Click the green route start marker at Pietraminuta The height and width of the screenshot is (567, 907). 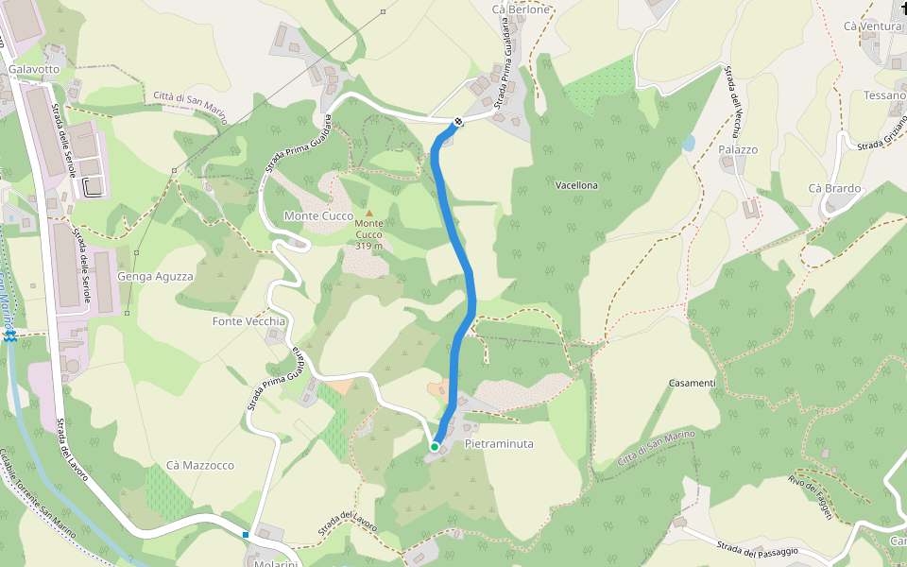pyautogui.click(x=435, y=446)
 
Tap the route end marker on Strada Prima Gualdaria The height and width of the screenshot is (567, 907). pyautogui.click(x=458, y=122)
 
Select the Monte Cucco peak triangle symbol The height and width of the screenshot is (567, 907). pyautogui.click(x=369, y=213)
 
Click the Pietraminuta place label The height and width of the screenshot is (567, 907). pyautogui.click(x=499, y=443)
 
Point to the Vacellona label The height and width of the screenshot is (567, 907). pyautogui.click(x=576, y=185)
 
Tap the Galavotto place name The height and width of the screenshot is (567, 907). pyautogui.click(x=34, y=70)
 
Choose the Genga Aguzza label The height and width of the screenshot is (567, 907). pyautogui.click(x=155, y=277)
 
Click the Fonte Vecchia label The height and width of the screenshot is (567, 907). pyautogui.click(x=248, y=321)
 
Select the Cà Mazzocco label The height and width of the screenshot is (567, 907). pyautogui.click(x=199, y=466)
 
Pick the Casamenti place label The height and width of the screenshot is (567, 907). pyautogui.click(x=692, y=383)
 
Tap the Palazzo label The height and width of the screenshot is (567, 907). pyautogui.click(x=738, y=149)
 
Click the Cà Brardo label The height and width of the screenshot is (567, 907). pyautogui.click(x=834, y=188)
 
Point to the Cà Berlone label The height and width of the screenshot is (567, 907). pyautogui.click(x=521, y=9)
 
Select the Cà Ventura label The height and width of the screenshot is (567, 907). pyautogui.click(x=872, y=26)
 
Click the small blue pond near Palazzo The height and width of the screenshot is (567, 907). pyautogui.click(x=688, y=144)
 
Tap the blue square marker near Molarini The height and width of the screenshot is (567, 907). pyautogui.click(x=246, y=535)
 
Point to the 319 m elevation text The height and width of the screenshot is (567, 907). pyautogui.click(x=369, y=246)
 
